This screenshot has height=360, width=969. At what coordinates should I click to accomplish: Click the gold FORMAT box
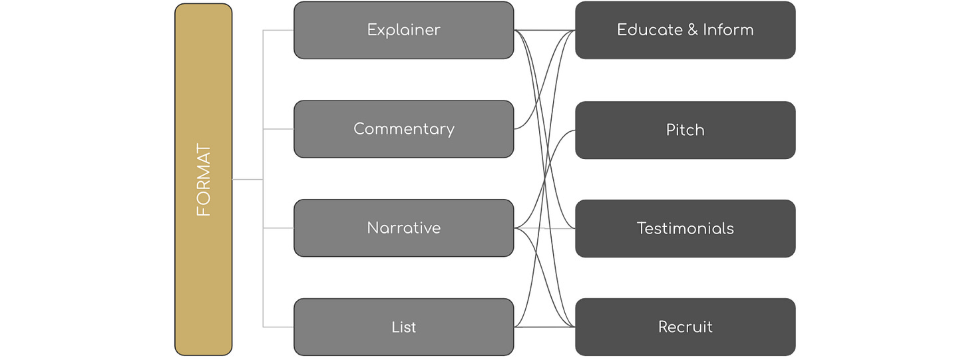point(204,180)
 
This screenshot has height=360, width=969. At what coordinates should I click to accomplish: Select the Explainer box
point(403,31)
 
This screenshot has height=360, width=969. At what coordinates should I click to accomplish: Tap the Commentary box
point(403,129)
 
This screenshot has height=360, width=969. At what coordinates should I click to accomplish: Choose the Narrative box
point(403,228)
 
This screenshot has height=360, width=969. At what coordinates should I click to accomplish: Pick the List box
point(403,327)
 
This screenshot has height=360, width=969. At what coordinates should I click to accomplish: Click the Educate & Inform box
point(685,31)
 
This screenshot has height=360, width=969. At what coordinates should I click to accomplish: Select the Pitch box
point(685,130)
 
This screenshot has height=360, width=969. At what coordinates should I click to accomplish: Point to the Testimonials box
point(685,228)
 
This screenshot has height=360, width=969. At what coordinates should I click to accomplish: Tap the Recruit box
point(685,327)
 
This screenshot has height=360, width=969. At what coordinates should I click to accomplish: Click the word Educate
point(650,30)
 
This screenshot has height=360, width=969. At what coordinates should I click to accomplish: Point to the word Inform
point(728,30)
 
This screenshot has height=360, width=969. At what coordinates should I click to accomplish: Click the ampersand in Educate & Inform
point(692,30)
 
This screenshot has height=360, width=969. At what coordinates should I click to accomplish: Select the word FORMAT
point(204,180)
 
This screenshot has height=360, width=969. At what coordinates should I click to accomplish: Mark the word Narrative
point(403,228)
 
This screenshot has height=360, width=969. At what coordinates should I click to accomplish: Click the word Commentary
point(403,129)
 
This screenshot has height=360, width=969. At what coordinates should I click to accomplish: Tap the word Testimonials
point(685,228)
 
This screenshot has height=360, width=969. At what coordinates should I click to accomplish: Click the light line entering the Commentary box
point(279,129)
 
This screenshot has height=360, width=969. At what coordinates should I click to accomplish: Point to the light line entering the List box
point(279,327)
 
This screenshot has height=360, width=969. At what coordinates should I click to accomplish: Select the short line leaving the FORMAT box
point(248,179)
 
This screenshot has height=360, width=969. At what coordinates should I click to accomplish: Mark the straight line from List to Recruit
point(544,327)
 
